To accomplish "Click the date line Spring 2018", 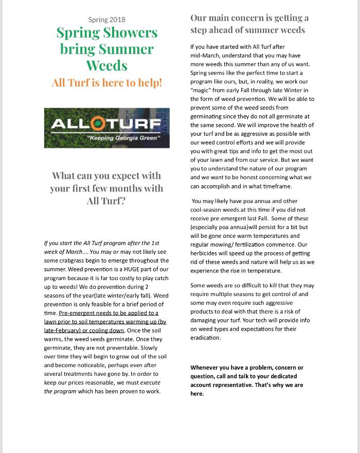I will pyautogui.click(x=106, y=20).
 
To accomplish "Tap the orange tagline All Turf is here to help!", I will pyautogui.click(x=106, y=82).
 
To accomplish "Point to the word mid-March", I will pyautogui.click(x=205, y=55).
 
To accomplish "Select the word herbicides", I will pyautogui.click(x=206, y=253).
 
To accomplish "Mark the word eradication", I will pyautogui.click(x=205, y=338).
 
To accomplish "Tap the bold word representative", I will pyautogui.click(x=231, y=385).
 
